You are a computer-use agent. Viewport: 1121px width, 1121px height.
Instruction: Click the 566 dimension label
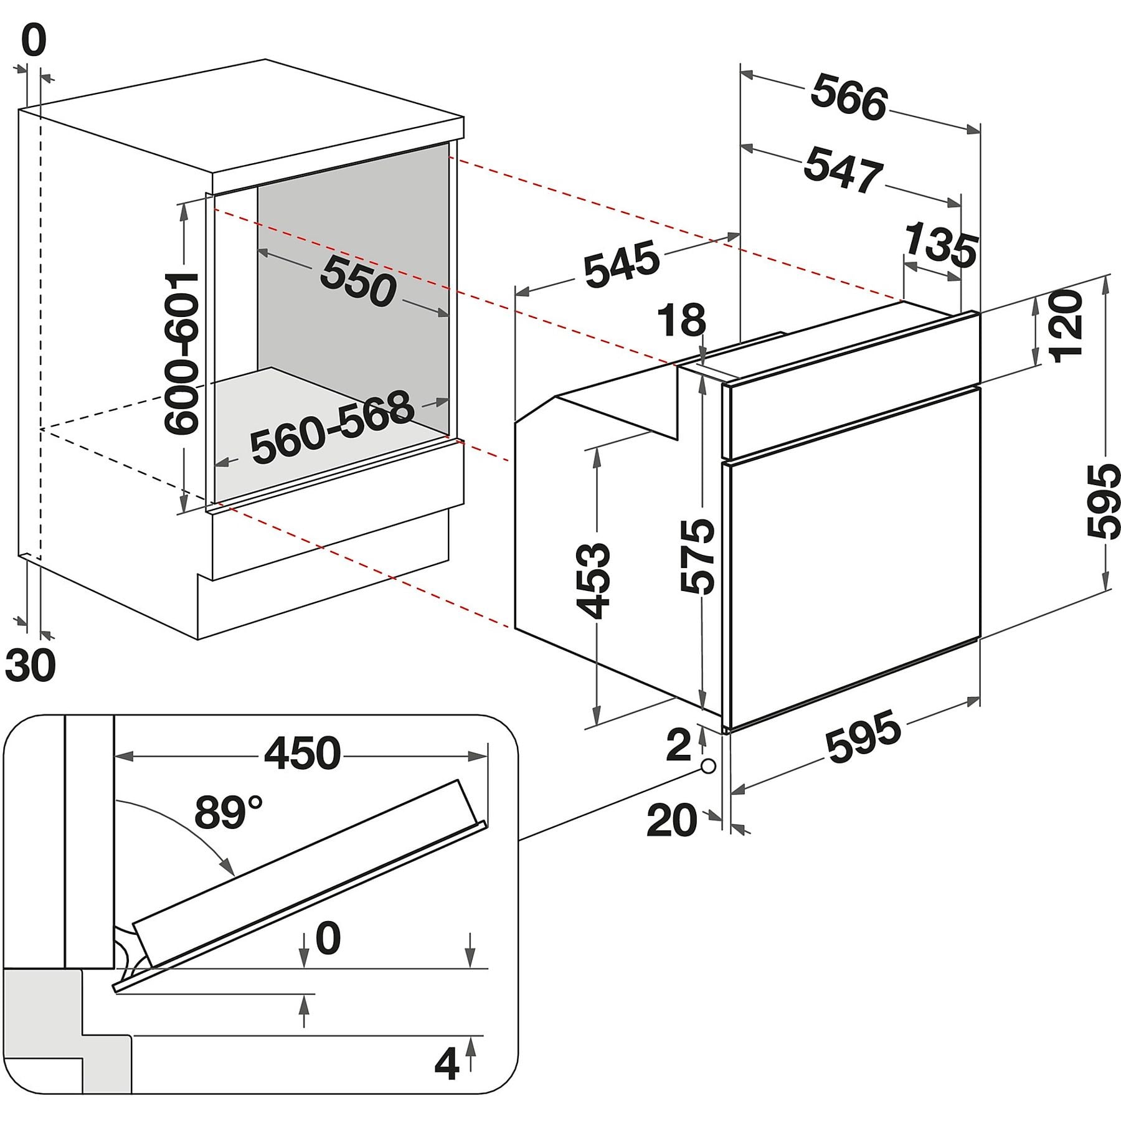[x=849, y=98]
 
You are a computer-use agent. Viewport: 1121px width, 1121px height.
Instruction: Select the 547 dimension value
[x=843, y=169]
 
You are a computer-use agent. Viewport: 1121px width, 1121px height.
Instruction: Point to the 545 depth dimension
[x=621, y=265]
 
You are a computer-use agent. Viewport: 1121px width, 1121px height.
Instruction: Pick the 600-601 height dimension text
[x=181, y=352]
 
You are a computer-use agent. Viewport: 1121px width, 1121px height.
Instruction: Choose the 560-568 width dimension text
[x=332, y=427]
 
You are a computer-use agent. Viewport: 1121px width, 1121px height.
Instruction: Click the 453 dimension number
[x=592, y=581]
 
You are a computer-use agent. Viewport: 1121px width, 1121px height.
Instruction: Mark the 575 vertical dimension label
[x=697, y=556]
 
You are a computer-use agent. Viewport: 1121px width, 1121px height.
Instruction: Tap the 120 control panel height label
[x=1066, y=324]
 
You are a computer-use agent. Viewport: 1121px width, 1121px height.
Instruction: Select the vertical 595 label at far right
[x=1103, y=500]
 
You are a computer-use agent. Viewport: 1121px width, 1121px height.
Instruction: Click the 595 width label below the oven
[x=863, y=736]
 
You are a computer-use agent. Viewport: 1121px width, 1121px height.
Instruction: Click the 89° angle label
[x=228, y=811]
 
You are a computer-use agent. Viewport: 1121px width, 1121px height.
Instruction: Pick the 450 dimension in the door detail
[x=303, y=753]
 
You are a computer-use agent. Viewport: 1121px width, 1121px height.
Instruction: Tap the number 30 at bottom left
[x=31, y=665]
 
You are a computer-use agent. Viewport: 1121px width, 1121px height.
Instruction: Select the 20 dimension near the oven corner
[x=672, y=820]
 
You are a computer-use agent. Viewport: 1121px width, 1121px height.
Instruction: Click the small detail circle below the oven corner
[x=708, y=766]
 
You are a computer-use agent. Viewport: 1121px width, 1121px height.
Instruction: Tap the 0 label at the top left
[x=34, y=41]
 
